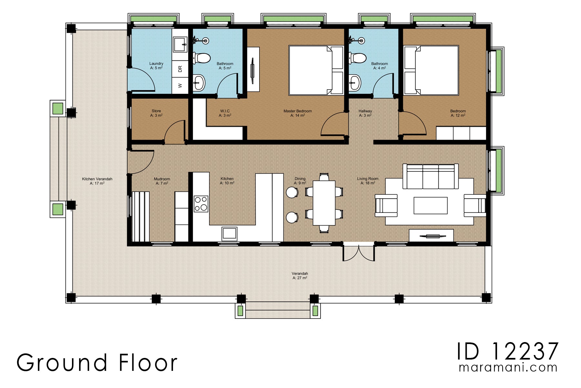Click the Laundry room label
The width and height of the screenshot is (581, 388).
(x=156, y=64)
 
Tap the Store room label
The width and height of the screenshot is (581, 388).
(x=156, y=111)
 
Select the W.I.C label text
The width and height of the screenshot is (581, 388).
(x=225, y=111)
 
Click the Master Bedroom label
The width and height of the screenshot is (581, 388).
(x=298, y=111)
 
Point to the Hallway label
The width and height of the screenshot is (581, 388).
(x=365, y=111)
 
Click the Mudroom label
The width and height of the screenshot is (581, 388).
(x=162, y=179)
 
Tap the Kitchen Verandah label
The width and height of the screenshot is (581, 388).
(x=97, y=179)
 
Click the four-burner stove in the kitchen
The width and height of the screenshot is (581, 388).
(x=201, y=204)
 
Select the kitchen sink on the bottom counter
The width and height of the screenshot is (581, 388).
(x=229, y=233)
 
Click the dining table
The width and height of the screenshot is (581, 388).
(x=324, y=203)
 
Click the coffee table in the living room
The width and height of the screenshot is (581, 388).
(x=430, y=205)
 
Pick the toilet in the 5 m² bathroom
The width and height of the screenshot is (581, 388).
(x=202, y=59)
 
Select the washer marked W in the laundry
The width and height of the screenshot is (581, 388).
(x=180, y=86)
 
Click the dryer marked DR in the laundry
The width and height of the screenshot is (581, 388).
(x=180, y=69)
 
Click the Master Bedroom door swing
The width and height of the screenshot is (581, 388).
(x=334, y=124)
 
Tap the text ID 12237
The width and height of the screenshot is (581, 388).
(x=507, y=351)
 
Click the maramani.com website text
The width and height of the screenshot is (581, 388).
(x=508, y=368)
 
